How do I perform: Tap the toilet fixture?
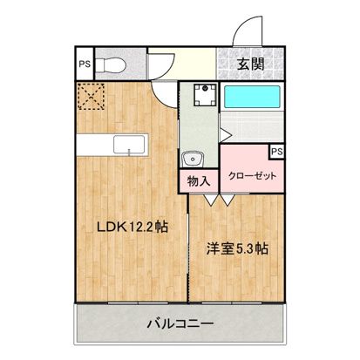coord(110,63)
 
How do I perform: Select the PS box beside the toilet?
coord(83,63)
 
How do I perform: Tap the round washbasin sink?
coord(194,159)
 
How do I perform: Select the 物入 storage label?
coord(199,181)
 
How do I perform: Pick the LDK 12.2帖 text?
coord(131,227)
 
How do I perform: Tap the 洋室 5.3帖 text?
coord(236,248)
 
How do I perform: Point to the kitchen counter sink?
coord(131,146)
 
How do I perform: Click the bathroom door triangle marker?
coord(226,132)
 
